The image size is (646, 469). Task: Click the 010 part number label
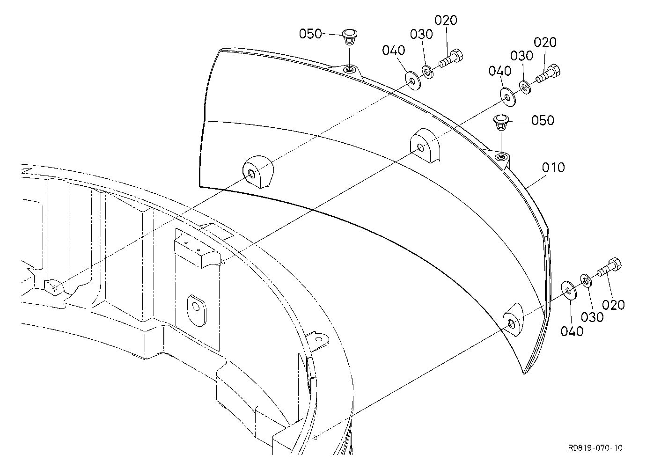click(553, 168)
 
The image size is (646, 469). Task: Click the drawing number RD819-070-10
click(595, 448)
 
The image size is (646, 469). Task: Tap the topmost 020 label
click(446, 21)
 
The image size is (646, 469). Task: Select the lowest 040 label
click(572, 331)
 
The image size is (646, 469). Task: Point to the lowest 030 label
click(592, 317)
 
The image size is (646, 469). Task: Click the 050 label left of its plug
click(310, 34)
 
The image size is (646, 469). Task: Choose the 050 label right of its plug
click(543, 120)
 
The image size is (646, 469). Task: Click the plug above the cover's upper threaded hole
click(350, 37)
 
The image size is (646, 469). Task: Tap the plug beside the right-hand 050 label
click(501, 122)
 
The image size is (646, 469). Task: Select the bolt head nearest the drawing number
click(615, 264)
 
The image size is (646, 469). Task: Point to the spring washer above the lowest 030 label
click(586, 281)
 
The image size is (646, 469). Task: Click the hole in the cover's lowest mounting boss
click(512, 324)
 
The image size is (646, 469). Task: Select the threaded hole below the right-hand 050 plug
click(500, 157)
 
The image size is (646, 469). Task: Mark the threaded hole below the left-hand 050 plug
click(349, 69)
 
